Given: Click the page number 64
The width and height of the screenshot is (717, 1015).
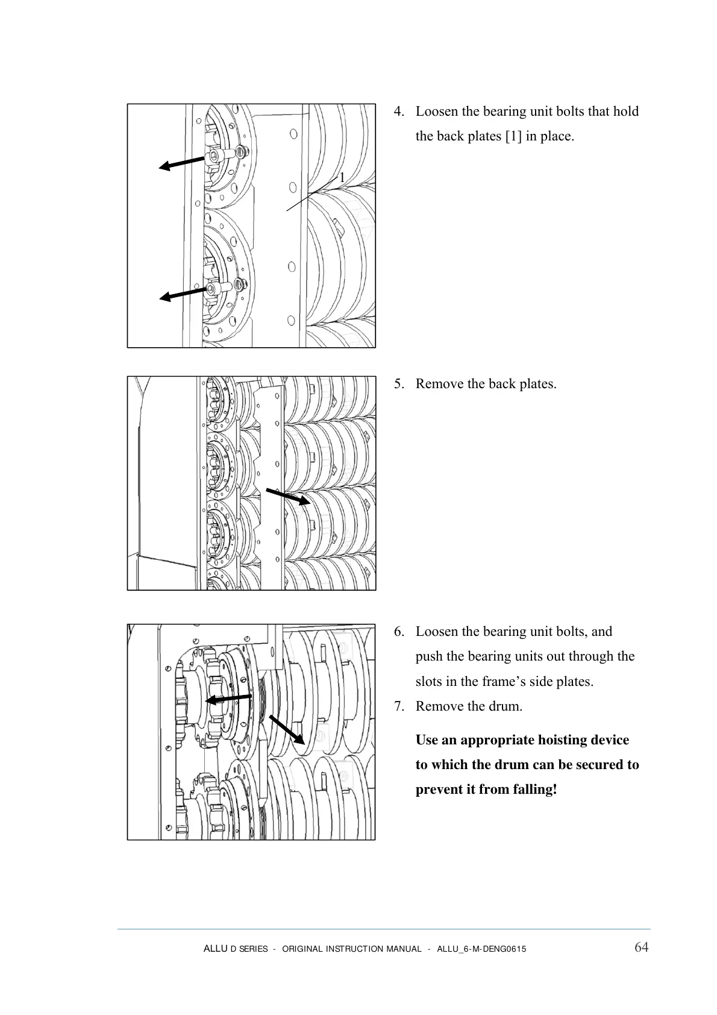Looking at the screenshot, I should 641,947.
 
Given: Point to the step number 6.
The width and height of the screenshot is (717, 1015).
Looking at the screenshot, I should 398,632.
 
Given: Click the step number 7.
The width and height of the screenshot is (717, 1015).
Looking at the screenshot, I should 398,706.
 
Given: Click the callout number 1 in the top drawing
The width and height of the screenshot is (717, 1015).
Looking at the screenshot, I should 342,178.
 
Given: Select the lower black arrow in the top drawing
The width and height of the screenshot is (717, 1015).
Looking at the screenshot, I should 183,294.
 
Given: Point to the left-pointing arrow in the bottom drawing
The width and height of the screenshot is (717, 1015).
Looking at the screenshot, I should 228,699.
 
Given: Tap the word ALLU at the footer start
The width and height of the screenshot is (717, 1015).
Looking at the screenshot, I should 215,949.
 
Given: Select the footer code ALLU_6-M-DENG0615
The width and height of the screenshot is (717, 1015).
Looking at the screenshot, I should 481,949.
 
